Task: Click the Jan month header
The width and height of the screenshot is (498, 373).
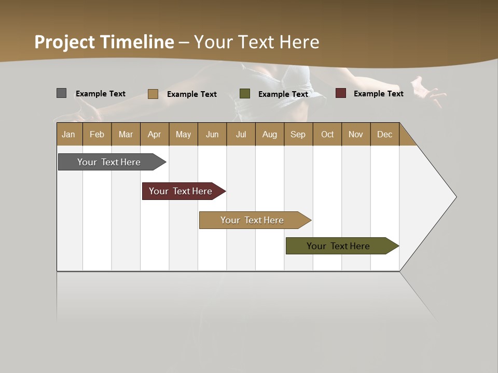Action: (x=69, y=134)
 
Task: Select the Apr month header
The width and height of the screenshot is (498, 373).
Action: (x=155, y=134)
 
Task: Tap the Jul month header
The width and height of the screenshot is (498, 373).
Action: (x=241, y=134)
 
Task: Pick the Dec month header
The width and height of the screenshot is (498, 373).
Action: (x=384, y=134)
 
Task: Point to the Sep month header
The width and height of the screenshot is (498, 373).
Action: (x=298, y=134)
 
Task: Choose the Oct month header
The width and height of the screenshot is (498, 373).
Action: (x=327, y=134)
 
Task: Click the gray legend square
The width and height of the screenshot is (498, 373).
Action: (x=61, y=93)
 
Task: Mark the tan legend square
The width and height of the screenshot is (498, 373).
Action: (x=153, y=94)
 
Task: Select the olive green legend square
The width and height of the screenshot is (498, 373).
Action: (x=245, y=94)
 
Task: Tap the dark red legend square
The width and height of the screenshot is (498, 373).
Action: (x=340, y=93)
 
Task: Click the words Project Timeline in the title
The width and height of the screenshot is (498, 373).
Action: (x=104, y=42)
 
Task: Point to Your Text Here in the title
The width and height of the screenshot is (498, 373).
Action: (x=256, y=42)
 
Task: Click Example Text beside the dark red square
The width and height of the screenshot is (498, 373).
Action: (x=378, y=94)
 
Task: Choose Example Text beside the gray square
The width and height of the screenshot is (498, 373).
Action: (x=101, y=94)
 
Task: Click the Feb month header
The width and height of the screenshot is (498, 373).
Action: (x=97, y=134)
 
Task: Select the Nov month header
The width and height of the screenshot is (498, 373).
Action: (x=356, y=134)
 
